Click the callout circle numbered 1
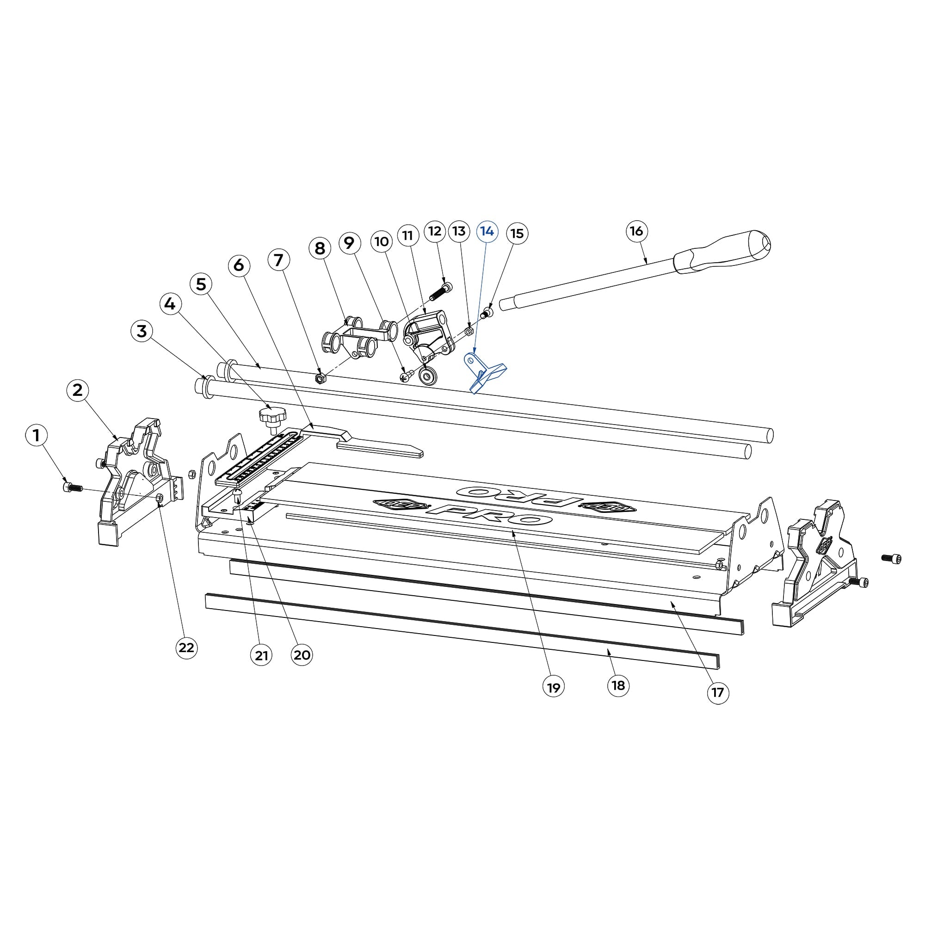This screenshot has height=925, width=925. coord(37,436)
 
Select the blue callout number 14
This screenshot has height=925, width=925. coord(487,231)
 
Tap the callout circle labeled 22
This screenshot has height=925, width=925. coord(186,648)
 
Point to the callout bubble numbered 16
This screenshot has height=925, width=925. coord(636,231)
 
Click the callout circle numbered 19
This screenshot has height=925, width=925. coord(554,688)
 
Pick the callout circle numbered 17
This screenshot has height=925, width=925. coord(718,692)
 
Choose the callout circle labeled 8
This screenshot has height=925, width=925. coord(320,248)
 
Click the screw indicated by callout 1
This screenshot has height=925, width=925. coord(72,487)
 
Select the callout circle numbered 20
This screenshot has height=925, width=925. coord(302,654)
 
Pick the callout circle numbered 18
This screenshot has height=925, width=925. coord(618,685)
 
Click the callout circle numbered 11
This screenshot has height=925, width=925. coord(408,235)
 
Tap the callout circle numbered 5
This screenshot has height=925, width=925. coord(201,284)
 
